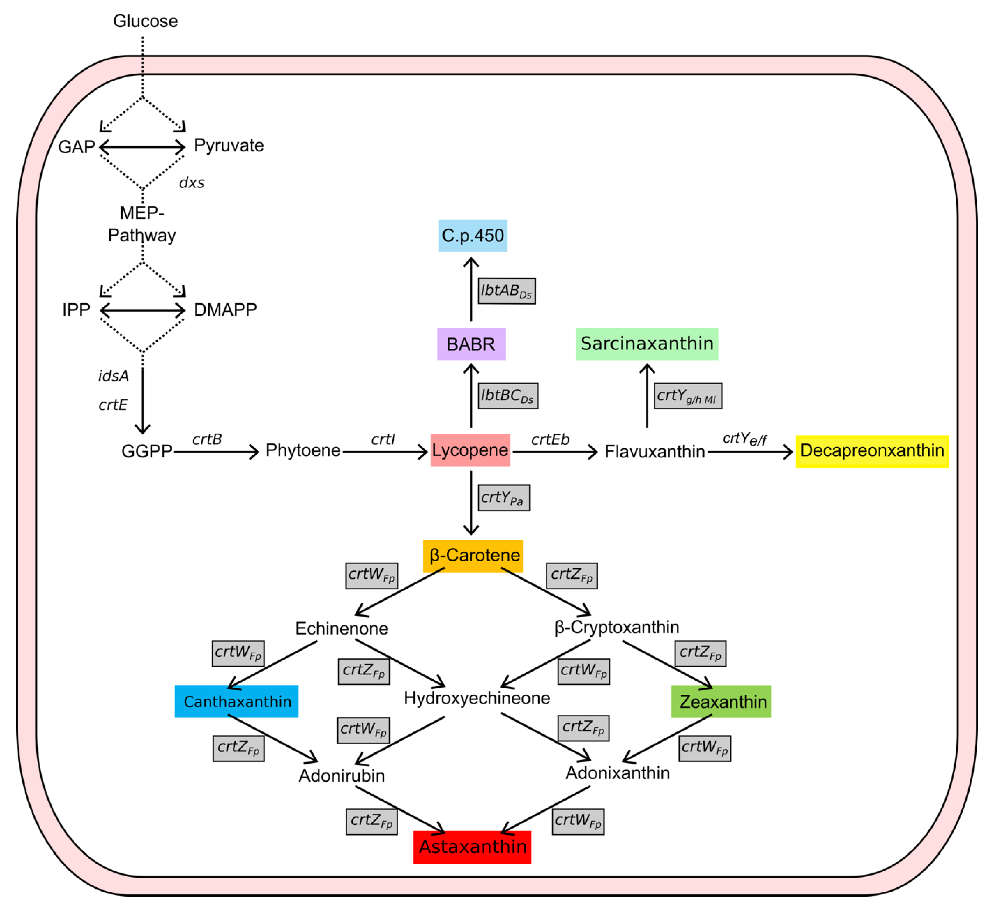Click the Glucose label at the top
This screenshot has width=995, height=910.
click(145, 21)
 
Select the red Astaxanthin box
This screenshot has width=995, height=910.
click(472, 847)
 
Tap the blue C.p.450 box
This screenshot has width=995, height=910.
click(472, 236)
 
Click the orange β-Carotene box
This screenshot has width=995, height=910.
click(472, 556)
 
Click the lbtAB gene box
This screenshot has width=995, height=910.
click(506, 291)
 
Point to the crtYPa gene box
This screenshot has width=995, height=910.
click(504, 497)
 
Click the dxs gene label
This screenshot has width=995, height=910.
click(192, 183)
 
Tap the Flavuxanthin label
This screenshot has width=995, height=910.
click(654, 452)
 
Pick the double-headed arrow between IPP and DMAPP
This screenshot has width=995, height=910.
click(142, 310)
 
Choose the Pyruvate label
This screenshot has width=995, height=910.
click(229, 145)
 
